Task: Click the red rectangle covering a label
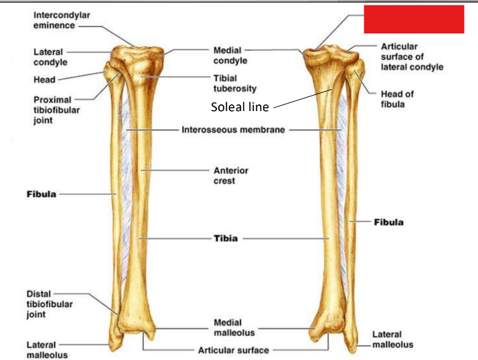414,19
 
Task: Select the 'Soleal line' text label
240,106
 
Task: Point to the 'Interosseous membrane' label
233,130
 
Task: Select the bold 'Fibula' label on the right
388,221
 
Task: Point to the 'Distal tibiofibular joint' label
49,304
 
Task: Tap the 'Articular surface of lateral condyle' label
411,57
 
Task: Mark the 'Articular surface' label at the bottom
233,350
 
